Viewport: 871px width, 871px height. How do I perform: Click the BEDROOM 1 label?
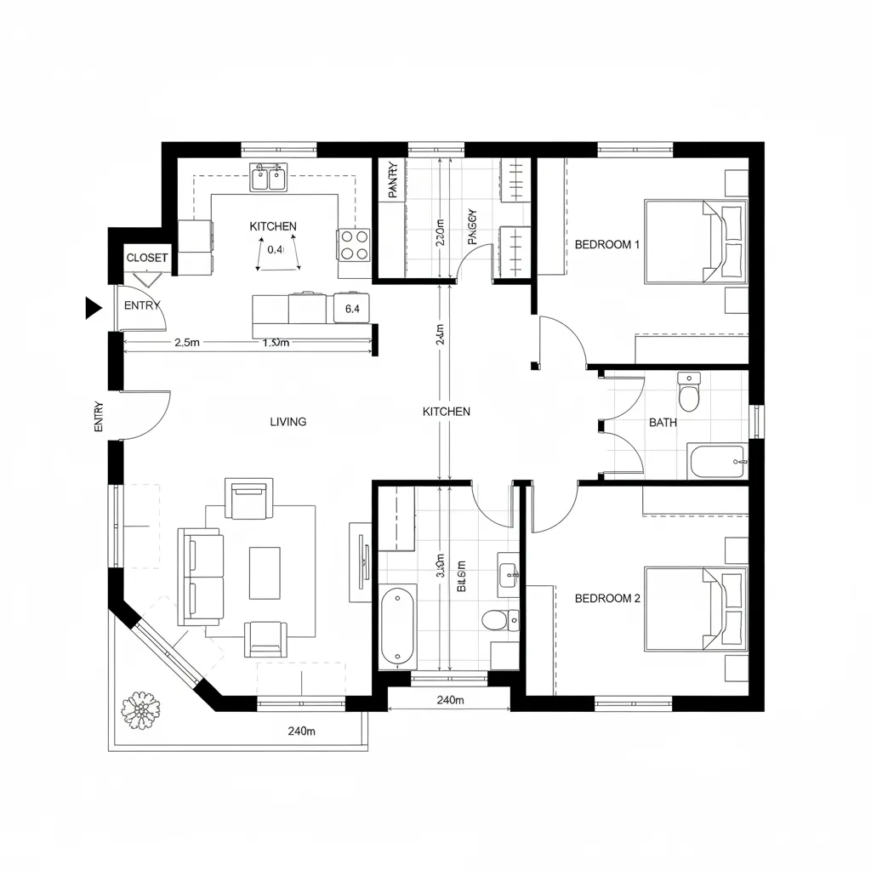(607, 245)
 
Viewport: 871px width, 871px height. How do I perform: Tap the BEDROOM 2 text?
(607, 598)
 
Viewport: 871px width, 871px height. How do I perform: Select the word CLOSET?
(147, 258)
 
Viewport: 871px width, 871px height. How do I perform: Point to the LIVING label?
(288, 422)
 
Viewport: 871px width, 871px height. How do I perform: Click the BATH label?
(663, 422)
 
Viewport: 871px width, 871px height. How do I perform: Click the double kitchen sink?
(269, 179)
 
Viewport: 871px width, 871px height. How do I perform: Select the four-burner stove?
(354, 245)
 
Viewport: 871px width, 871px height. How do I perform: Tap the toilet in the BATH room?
(688, 393)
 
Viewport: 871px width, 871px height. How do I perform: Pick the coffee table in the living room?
(265, 572)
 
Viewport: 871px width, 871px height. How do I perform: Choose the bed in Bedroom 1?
(695, 241)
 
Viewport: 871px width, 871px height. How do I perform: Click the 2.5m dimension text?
(186, 344)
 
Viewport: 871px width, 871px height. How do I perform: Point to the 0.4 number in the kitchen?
(275, 250)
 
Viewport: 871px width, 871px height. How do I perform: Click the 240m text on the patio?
(302, 731)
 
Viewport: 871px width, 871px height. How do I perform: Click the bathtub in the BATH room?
(717, 462)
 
